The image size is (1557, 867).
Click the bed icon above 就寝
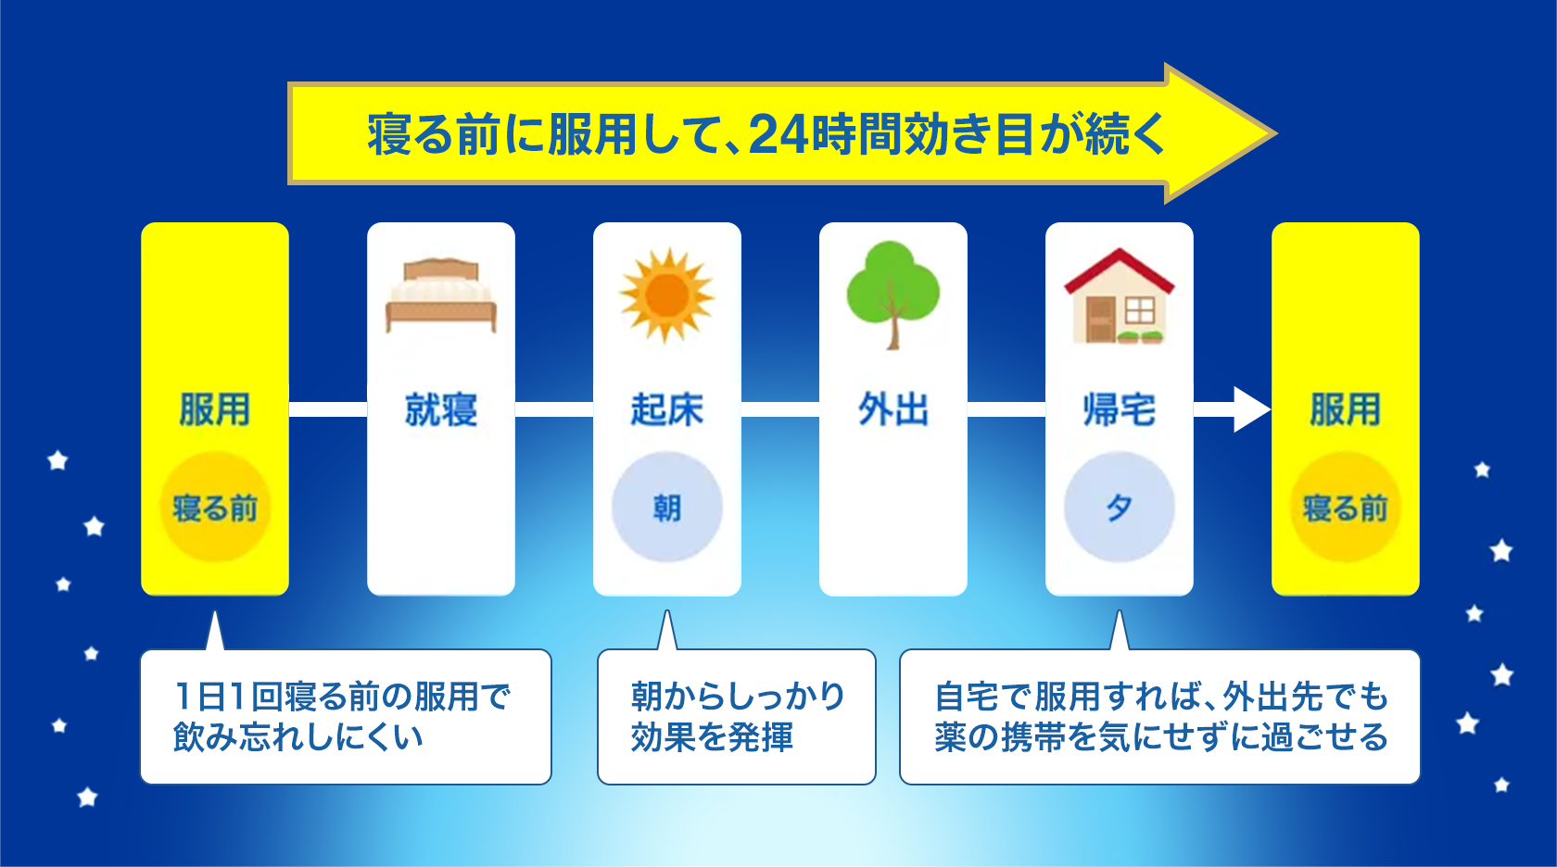[x=441, y=295]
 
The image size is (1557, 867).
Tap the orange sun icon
[x=666, y=295]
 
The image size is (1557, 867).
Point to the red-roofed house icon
[x=1120, y=295]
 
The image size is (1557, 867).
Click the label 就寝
[x=441, y=409]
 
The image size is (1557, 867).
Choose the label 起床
[x=666, y=409]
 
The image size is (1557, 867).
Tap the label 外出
[x=893, y=409]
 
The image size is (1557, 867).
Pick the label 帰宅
[x=1120, y=409]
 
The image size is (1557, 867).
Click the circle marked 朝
[x=666, y=508]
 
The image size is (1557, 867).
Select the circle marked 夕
[x=1120, y=508]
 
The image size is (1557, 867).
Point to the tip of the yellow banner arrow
[x=1276, y=133]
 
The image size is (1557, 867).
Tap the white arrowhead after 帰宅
[x=1251, y=409]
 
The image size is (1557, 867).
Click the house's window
[x=1140, y=311]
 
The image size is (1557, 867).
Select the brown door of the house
[x=1100, y=319]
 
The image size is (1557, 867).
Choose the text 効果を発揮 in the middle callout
[x=711, y=737]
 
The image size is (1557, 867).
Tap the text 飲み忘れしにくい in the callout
[x=297, y=737]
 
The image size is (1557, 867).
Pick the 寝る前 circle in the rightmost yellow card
[x=1345, y=508]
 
